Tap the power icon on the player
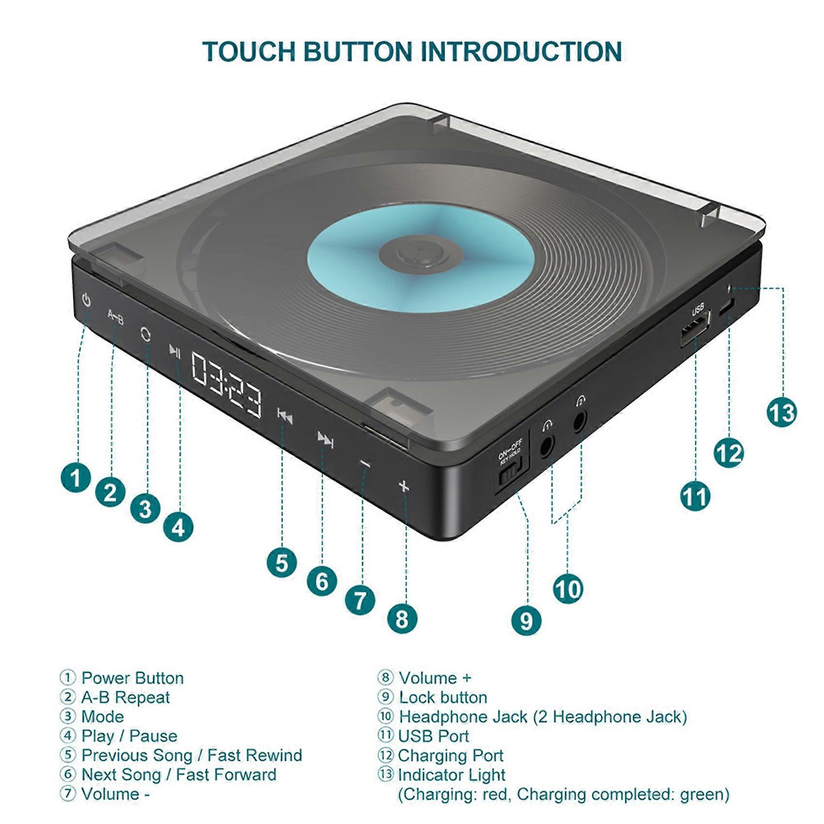86,301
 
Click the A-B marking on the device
115,317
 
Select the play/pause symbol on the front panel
175,351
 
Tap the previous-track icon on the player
285,416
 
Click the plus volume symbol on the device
404,486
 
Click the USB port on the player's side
694,330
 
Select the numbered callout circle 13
781,413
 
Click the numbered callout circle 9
526,621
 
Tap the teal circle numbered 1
76,477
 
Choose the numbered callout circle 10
568,589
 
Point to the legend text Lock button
443,697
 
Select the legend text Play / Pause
129,736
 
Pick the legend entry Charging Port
450,755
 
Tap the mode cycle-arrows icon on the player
145,334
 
